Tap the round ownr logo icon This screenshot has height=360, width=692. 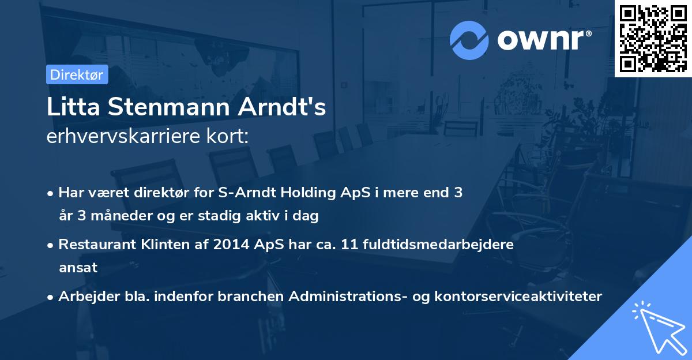tap(469, 40)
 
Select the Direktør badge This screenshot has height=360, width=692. tap(77, 74)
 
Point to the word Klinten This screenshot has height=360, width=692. tap(159, 244)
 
